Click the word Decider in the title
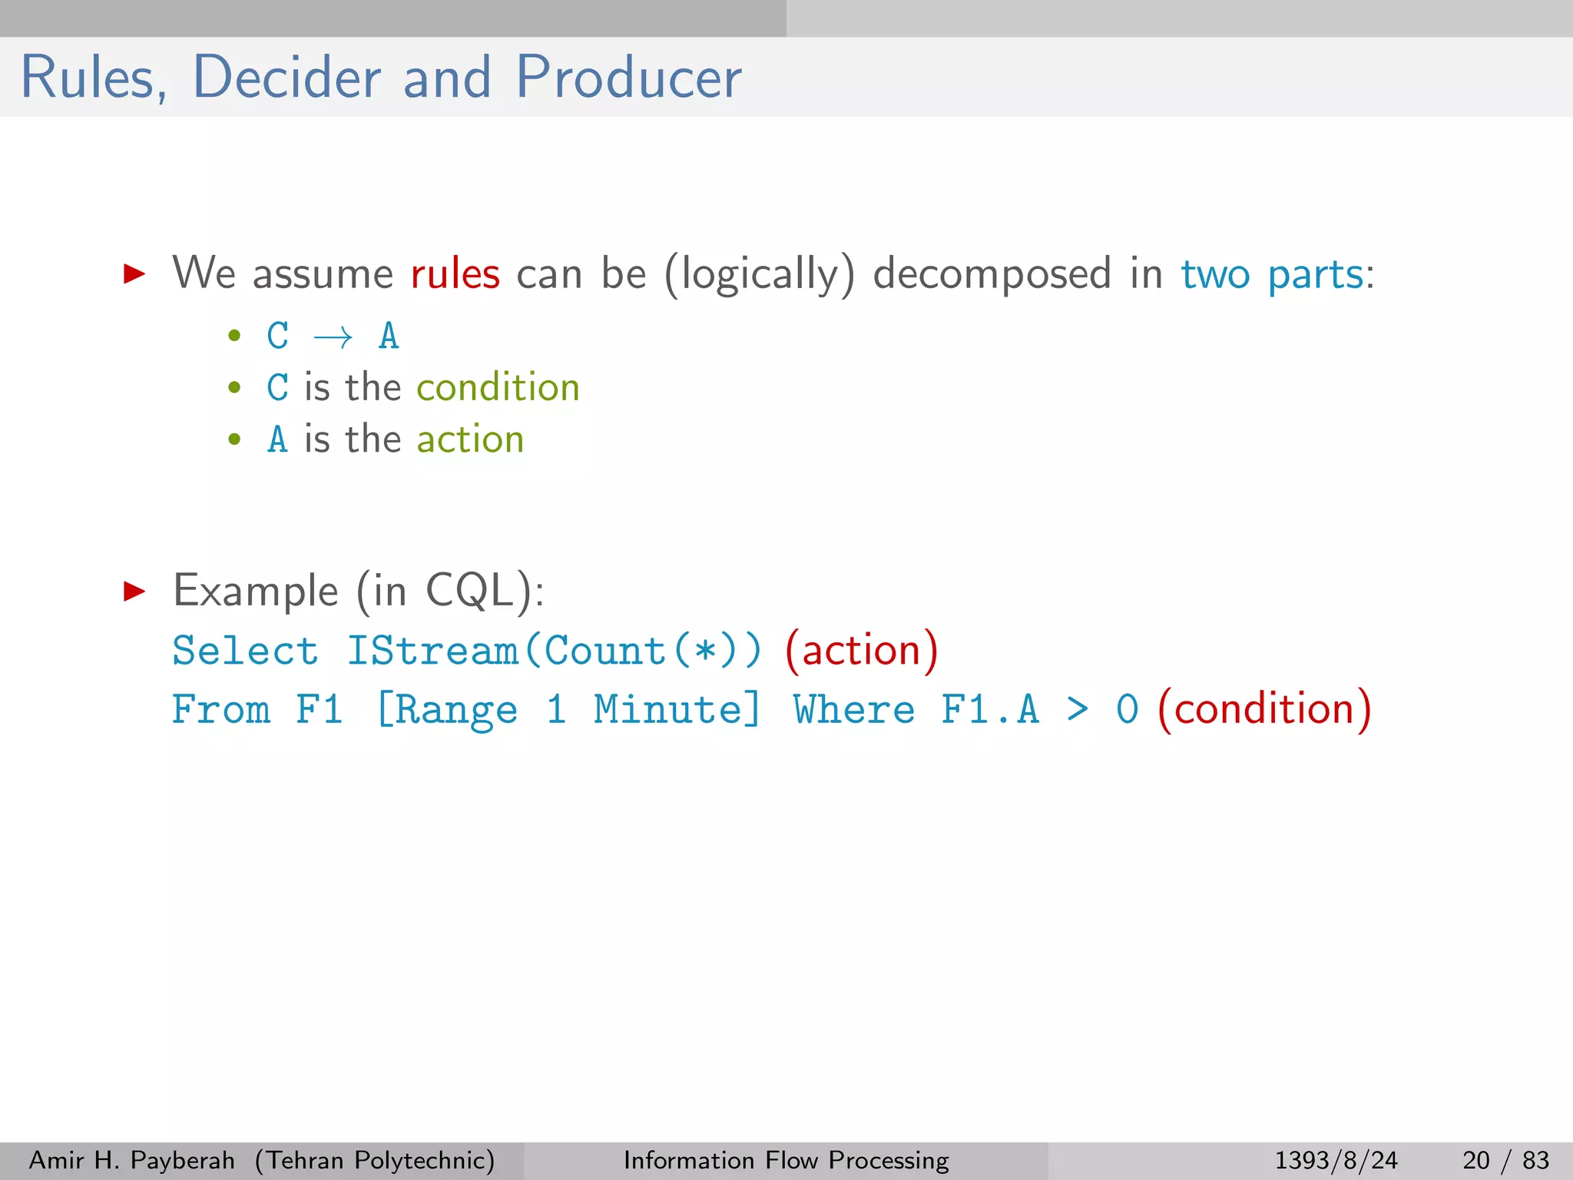(286, 78)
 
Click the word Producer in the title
(628, 78)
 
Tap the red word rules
(455, 274)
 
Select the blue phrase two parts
(1272, 274)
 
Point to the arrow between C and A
(333, 337)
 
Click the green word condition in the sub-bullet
(498, 387)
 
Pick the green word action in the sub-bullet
(470, 439)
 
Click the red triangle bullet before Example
(134, 591)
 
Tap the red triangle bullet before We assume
(134, 273)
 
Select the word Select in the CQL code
(245, 651)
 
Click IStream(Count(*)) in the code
(554, 651)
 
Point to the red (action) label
(861, 651)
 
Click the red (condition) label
(1263, 708)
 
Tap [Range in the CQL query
(446, 709)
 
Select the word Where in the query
(854, 709)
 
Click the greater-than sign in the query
(1078, 709)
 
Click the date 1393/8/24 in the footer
(1336, 1160)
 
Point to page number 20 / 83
(1505, 1160)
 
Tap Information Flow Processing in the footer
(786, 1160)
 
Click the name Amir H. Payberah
(131, 1160)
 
